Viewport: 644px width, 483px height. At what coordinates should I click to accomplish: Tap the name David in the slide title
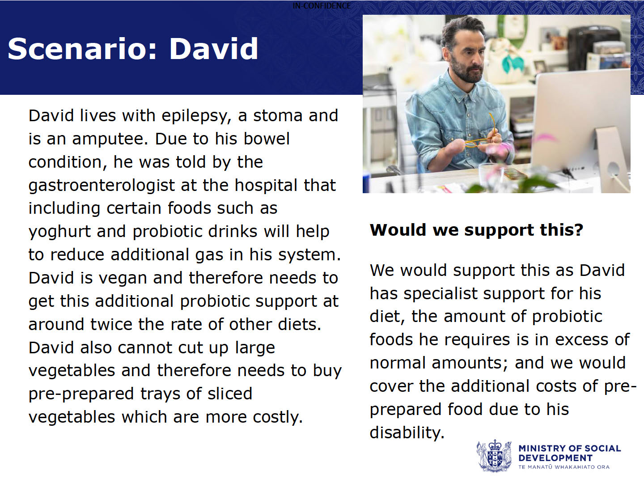(214, 49)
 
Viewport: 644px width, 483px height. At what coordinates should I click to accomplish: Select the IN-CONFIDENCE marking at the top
(322, 5)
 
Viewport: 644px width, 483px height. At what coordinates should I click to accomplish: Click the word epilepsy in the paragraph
(194, 116)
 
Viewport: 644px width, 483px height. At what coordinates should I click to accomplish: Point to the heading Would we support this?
(476, 229)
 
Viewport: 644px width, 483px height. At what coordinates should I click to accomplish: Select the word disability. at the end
(407, 432)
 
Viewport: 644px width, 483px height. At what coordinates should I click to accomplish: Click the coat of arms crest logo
(494, 456)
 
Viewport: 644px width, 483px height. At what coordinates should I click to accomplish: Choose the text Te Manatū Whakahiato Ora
(564, 467)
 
